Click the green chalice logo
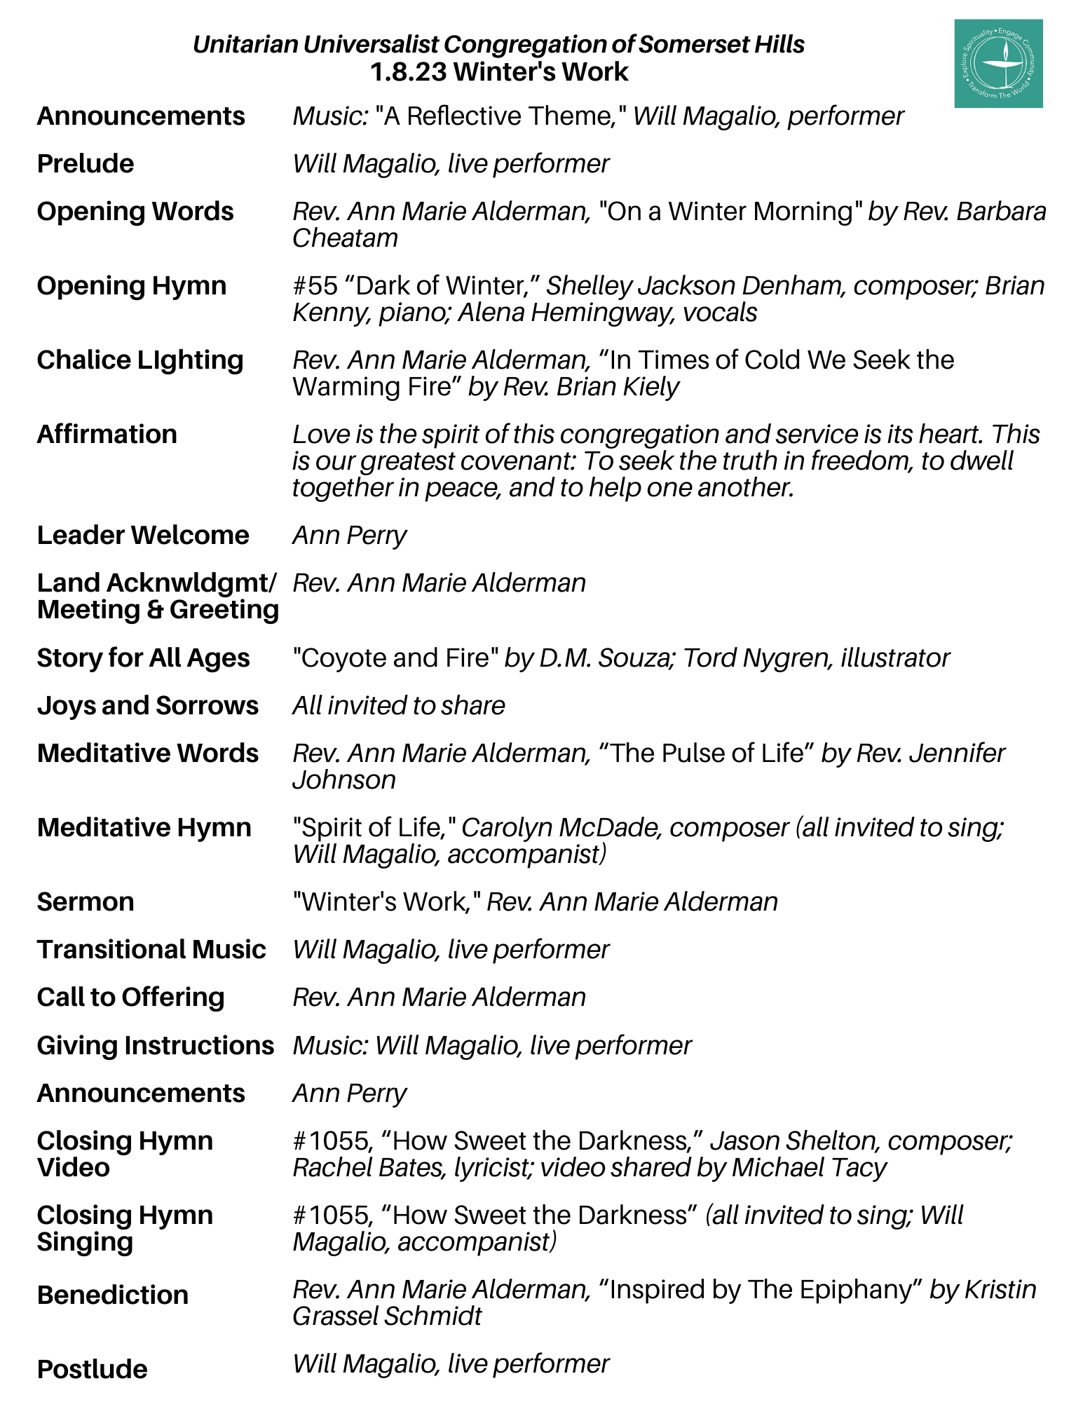pos(997,64)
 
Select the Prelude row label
pos(86,164)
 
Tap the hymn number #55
pos(315,286)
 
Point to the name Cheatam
pos(345,238)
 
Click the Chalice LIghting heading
pos(140,360)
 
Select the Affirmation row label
pos(107,435)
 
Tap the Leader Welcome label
pos(143,536)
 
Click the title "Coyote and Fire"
pos(395,658)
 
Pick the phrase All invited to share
pos(398,706)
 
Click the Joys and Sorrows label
pos(147,706)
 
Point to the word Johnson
pos(344,780)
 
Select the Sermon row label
pos(86,902)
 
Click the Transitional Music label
pos(151,950)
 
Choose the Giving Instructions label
pos(155,1046)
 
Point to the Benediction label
pos(113,1295)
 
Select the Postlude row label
pos(93,1370)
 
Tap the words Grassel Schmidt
pos(387,1316)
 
